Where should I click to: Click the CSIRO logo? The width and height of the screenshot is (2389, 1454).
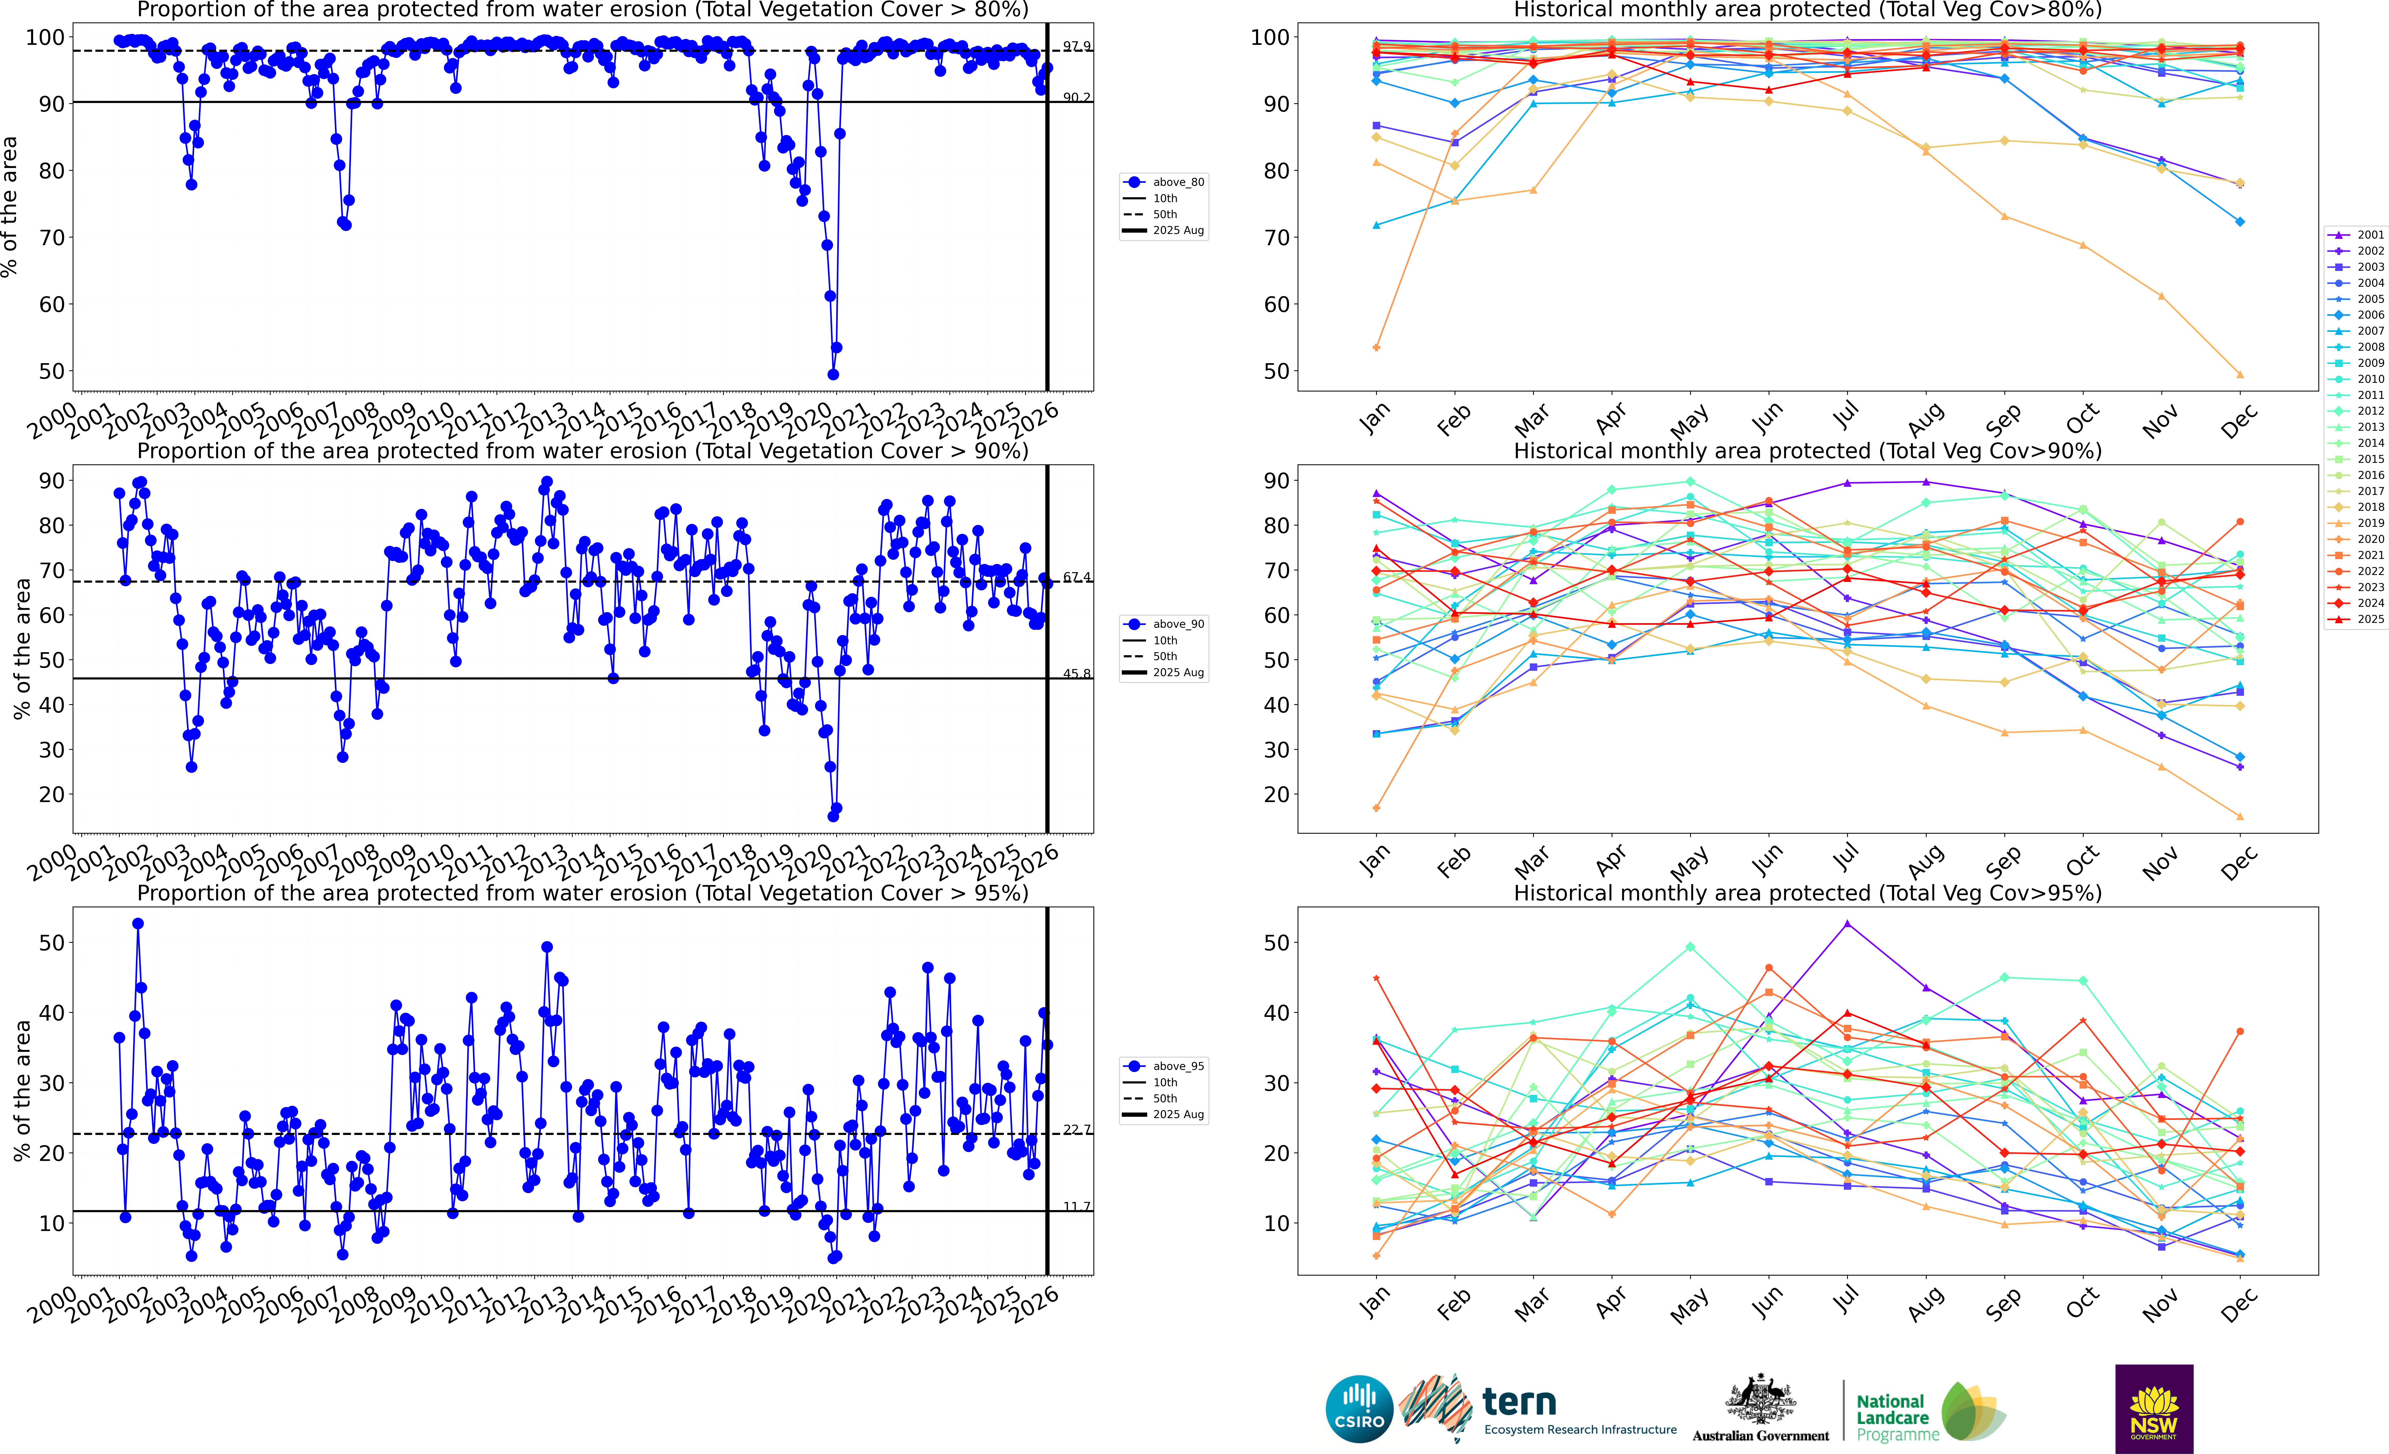pyautogui.click(x=1359, y=1408)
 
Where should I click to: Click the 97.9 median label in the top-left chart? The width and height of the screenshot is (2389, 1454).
pyautogui.click(x=1076, y=46)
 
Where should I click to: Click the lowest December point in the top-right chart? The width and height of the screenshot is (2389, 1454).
pyautogui.click(x=2240, y=374)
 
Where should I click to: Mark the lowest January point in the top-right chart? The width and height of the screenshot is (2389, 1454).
pyautogui.click(x=1377, y=347)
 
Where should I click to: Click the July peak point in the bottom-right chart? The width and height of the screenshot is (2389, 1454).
pyautogui.click(x=1847, y=924)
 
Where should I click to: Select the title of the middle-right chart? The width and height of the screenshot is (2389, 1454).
pyautogui.click(x=1807, y=451)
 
